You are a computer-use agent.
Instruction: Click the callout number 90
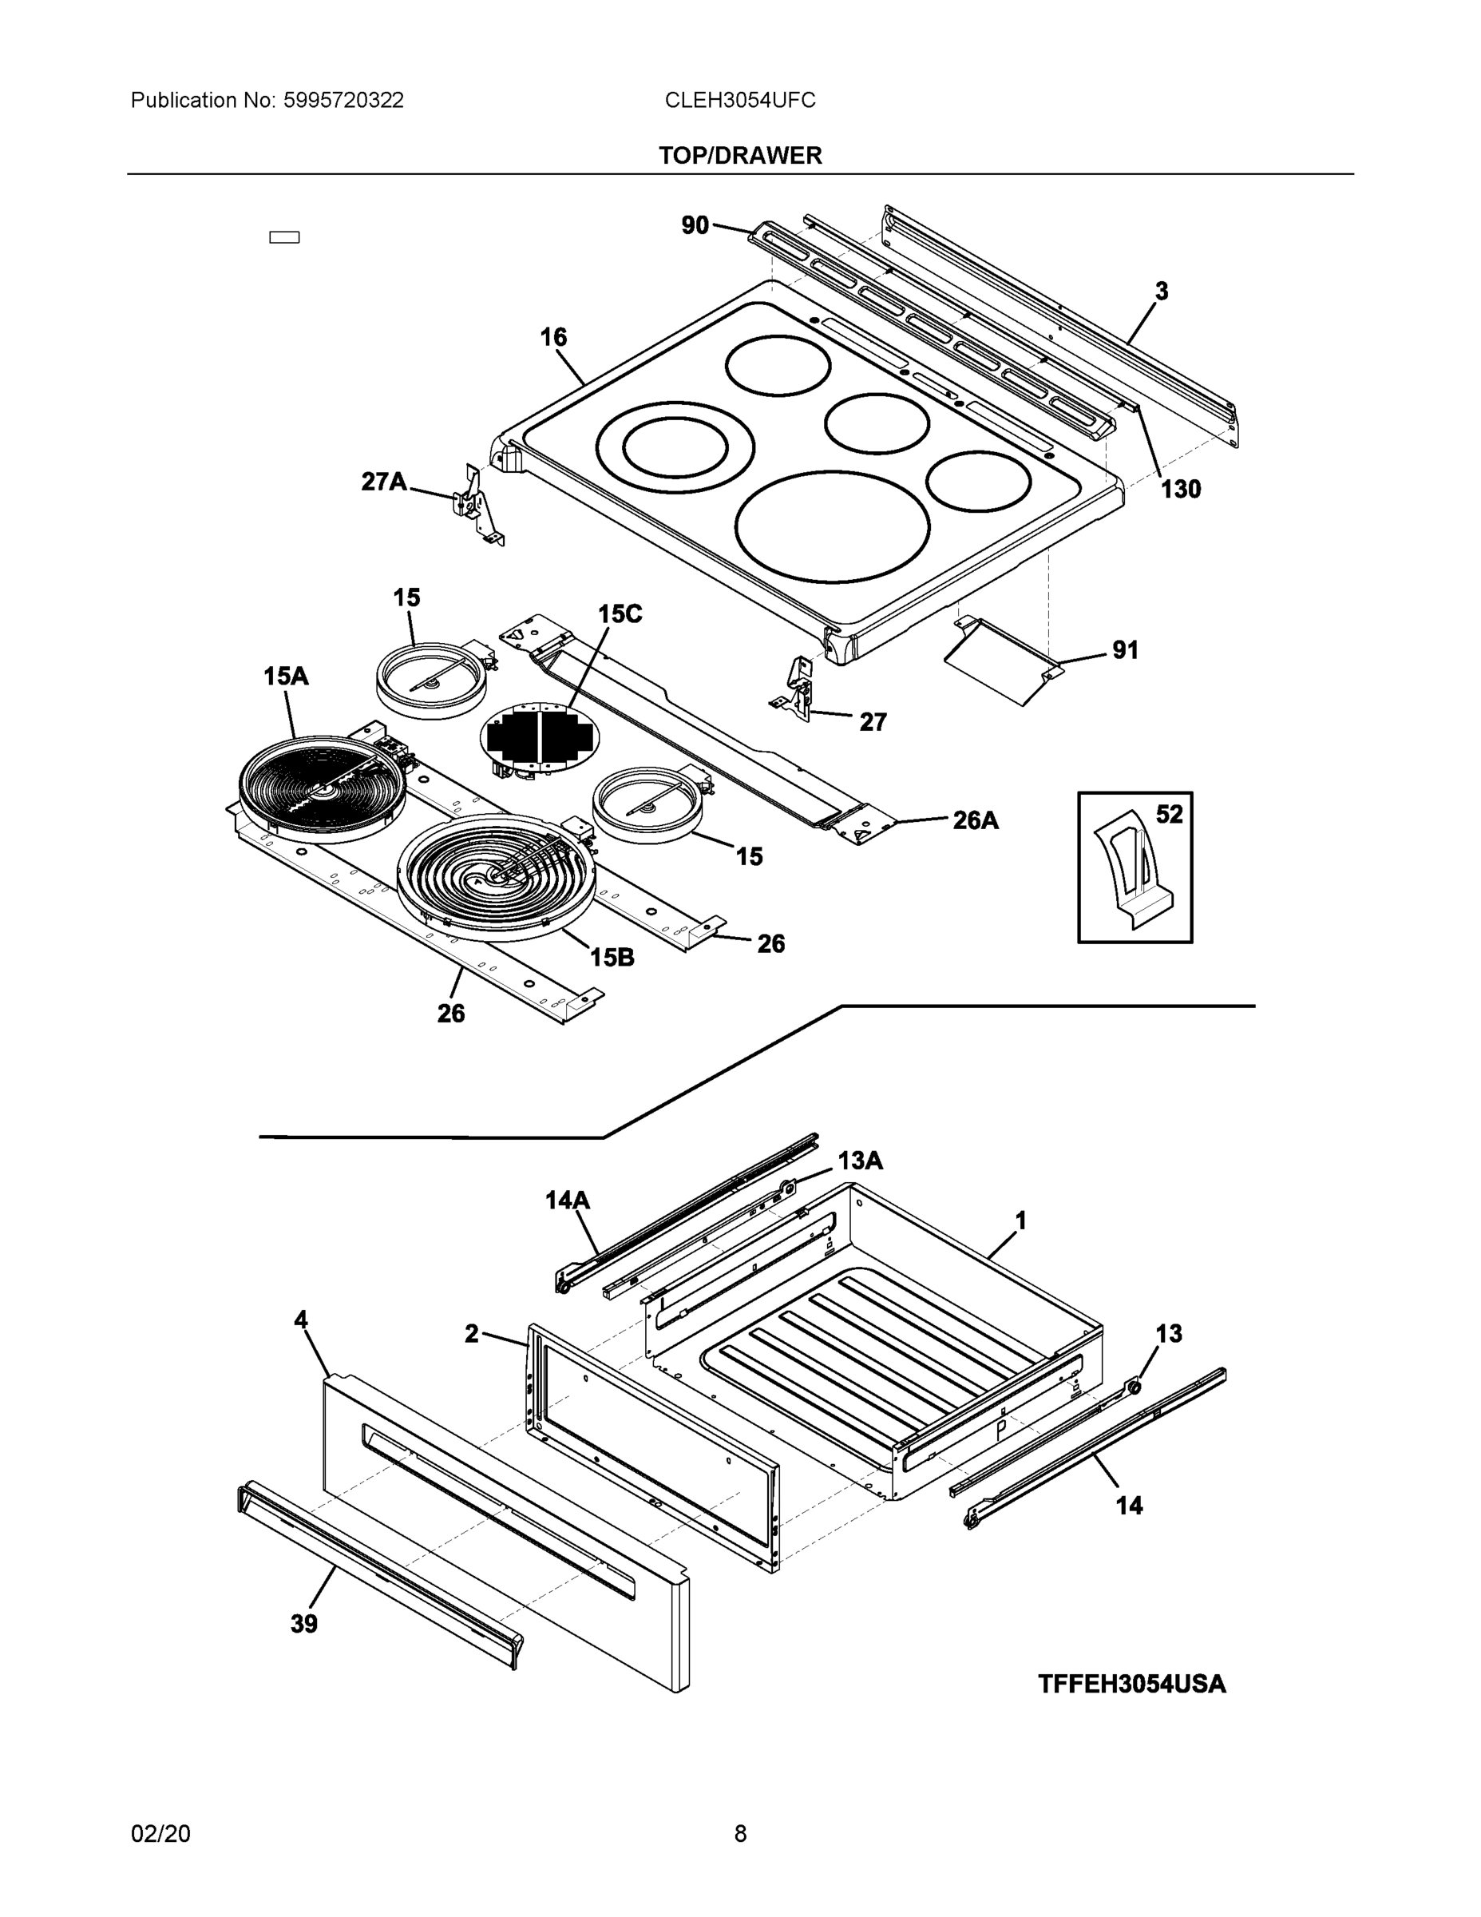pos(694,225)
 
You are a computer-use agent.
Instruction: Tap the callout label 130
pos(1180,490)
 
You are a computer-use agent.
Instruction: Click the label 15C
pos(620,613)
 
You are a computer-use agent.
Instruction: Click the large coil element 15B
pos(496,878)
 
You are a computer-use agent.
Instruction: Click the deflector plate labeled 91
pos(1000,662)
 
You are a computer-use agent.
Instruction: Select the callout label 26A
pos(975,820)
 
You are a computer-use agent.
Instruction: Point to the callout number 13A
pos(859,1161)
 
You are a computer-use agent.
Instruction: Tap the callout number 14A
pos(567,1200)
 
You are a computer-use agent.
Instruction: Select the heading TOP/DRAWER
pos(739,156)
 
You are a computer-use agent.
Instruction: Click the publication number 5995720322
pos(343,100)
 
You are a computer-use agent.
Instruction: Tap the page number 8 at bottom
pos(739,1834)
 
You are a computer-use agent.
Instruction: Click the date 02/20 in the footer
pos(160,1834)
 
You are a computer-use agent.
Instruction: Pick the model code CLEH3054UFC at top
pos(739,100)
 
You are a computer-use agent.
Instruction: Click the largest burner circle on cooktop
pos(831,526)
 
